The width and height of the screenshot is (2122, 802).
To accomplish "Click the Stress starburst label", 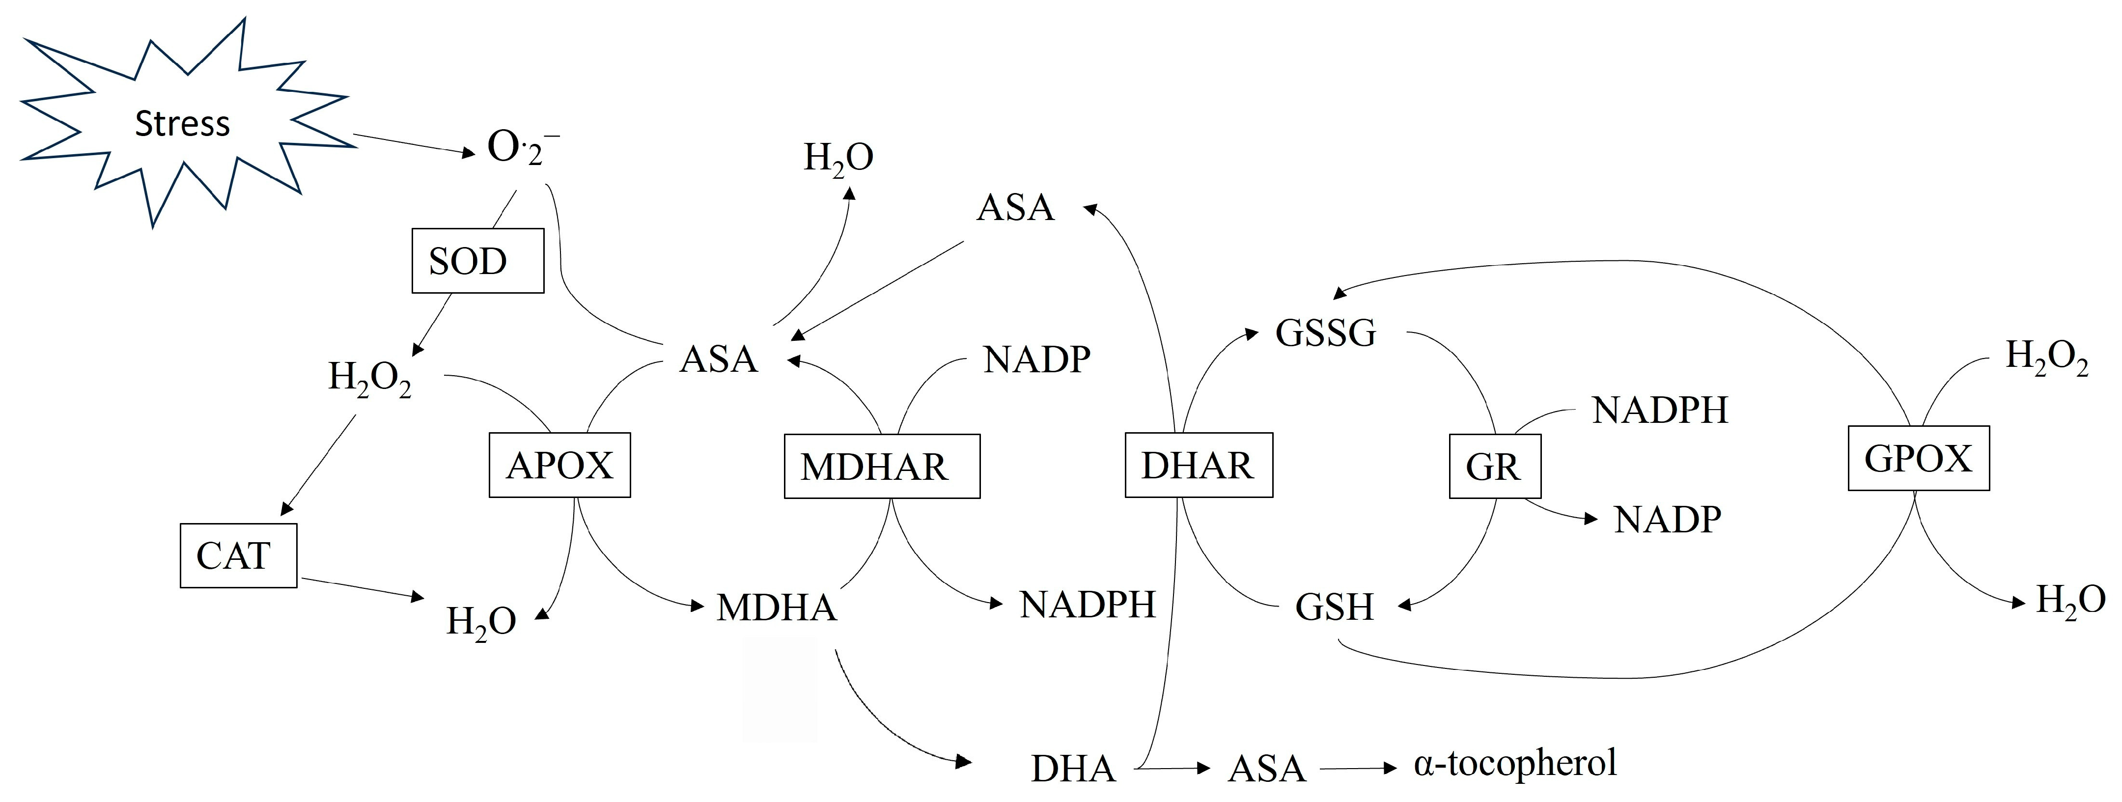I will click(x=182, y=123).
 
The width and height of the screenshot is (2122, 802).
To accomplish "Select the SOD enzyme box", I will click(x=478, y=261).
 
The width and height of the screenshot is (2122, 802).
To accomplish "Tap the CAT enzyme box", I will click(x=238, y=556).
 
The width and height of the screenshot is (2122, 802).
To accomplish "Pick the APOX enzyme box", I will click(x=559, y=465).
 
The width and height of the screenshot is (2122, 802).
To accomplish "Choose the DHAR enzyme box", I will click(x=1199, y=465).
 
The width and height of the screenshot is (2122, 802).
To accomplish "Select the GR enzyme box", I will click(x=1494, y=467).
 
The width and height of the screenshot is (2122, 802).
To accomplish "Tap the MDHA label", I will click(x=776, y=608).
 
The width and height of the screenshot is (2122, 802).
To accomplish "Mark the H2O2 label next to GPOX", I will click(x=2046, y=358).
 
